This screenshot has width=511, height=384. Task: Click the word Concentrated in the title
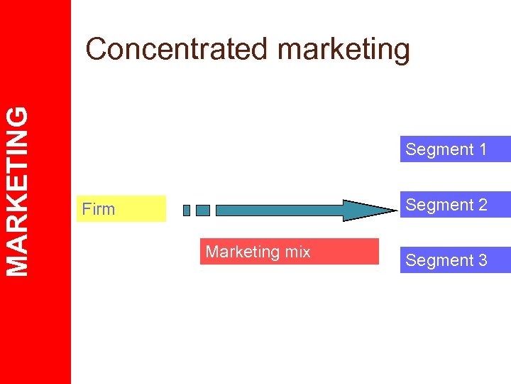click(178, 49)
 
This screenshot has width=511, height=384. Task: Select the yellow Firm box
click(121, 209)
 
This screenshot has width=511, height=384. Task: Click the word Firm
click(98, 209)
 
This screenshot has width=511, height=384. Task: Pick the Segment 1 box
click(455, 149)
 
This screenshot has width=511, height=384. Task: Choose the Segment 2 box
click(455, 205)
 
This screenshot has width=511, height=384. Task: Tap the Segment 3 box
click(455, 260)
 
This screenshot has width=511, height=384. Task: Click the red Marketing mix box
click(289, 251)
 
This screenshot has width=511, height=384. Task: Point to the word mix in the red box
click(297, 252)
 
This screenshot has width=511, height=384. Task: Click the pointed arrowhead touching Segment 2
click(370, 210)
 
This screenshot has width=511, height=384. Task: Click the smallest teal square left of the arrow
click(187, 210)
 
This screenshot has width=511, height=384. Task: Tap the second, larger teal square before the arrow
click(203, 210)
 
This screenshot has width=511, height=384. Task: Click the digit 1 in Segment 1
click(483, 149)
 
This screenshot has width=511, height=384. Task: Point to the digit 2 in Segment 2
click(483, 205)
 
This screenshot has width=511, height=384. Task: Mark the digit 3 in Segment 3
click(483, 260)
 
